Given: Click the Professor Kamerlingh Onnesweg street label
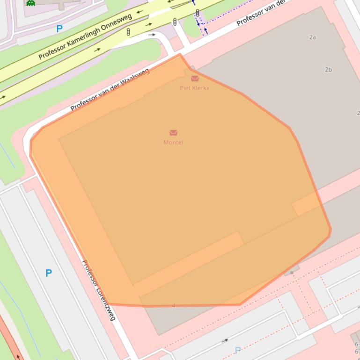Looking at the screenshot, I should click(85, 36).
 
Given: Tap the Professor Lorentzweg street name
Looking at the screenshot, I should click(98, 290).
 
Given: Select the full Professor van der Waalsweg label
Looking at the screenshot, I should click(110, 90).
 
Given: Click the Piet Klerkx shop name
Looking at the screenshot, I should click(195, 88).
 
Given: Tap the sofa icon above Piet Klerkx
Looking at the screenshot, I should click(195, 79).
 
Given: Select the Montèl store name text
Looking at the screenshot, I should click(173, 142).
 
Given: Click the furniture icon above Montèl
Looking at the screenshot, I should click(173, 133).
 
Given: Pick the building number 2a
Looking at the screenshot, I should click(313, 37).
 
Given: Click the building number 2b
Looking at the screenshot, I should click(328, 70).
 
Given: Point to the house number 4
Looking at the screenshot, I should click(174, 306).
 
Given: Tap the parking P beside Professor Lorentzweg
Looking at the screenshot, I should click(49, 273).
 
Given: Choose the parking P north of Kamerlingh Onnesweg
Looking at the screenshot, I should click(59, 29).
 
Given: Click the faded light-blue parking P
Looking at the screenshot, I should click(238, 350).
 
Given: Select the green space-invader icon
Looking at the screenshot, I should click(31, 3).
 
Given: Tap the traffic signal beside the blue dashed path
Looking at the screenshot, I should click(198, 13).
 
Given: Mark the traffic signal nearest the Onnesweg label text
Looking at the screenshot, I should click(128, 32).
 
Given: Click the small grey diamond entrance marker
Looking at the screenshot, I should click(292, 272).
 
